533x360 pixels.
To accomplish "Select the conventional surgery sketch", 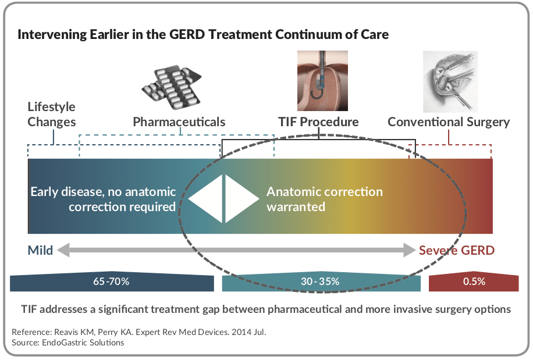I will pyautogui.click(x=449, y=81).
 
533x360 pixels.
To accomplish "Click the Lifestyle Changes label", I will pyautogui.click(x=52, y=114).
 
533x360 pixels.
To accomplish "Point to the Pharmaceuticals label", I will pyautogui.click(x=179, y=122).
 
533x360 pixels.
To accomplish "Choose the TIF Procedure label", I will pyautogui.click(x=318, y=122).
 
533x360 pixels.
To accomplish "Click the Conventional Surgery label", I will pyautogui.click(x=449, y=122).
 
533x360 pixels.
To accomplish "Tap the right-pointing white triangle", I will pyautogui.click(x=239, y=199).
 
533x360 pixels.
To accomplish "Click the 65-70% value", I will pyautogui.click(x=111, y=282).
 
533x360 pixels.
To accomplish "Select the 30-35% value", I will pyautogui.click(x=320, y=282).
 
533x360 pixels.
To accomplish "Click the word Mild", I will pyautogui.click(x=40, y=251).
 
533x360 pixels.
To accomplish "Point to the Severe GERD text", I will pyautogui.click(x=457, y=251).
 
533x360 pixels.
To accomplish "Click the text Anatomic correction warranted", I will pyautogui.click(x=324, y=199).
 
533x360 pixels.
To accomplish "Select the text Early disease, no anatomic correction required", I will pyautogui.click(x=103, y=199).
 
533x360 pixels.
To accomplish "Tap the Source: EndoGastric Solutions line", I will pyautogui.click(x=68, y=343).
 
